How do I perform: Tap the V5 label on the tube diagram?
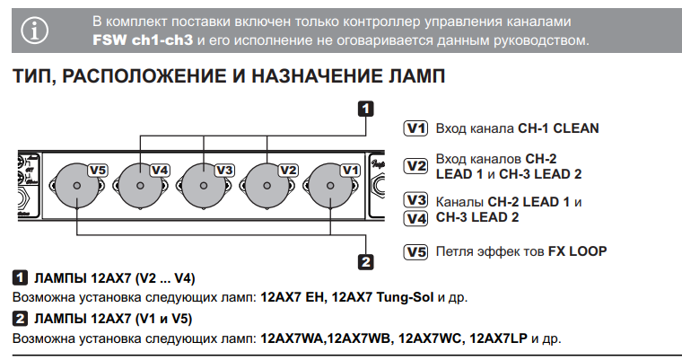click(x=97, y=170)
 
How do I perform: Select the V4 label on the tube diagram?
click(x=160, y=170)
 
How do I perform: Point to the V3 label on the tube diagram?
click(x=224, y=170)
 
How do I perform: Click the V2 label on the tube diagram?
click(x=288, y=170)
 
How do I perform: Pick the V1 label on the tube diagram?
click(x=350, y=170)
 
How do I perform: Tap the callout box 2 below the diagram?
click(x=365, y=261)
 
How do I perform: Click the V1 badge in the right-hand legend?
click(x=415, y=128)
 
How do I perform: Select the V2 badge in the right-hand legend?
click(x=415, y=166)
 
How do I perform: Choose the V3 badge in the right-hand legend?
click(x=415, y=201)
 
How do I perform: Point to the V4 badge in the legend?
click(x=415, y=218)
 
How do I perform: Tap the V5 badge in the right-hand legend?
click(x=415, y=252)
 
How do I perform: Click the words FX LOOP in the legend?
click(x=577, y=252)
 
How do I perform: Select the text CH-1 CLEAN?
click(x=558, y=128)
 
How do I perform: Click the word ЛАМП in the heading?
click(x=415, y=77)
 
